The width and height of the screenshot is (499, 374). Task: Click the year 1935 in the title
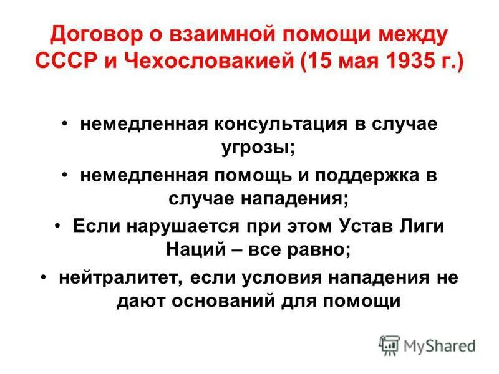pos(404,64)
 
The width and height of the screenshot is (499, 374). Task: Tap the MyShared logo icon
pos(389,345)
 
